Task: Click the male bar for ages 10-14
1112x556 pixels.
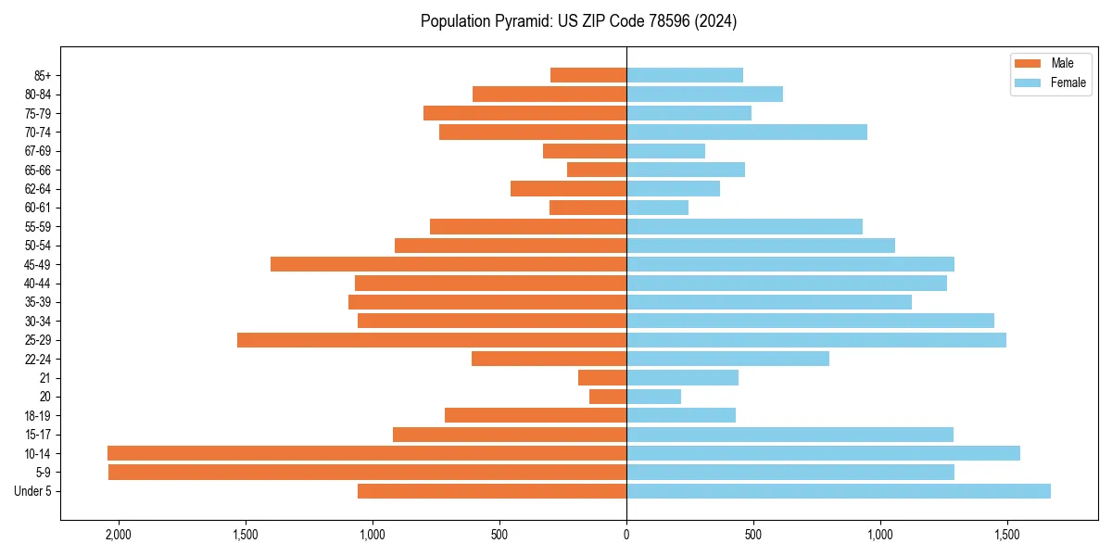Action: click(x=367, y=453)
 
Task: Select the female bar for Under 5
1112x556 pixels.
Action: click(x=839, y=491)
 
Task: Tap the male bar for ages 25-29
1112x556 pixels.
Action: click(x=432, y=340)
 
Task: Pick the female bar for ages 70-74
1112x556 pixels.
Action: click(x=747, y=133)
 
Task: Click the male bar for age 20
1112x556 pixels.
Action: click(x=608, y=397)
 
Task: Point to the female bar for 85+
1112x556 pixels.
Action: click(x=685, y=75)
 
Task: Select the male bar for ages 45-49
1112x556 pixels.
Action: click(x=449, y=264)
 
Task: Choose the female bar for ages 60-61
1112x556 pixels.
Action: click(x=658, y=208)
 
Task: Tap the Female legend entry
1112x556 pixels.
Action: click(x=1050, y=82)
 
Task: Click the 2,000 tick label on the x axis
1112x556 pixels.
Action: click(x=118, y=535)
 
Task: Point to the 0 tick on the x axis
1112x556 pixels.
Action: click(x=626, y=535)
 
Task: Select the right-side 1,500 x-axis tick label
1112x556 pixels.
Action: click(x=1007, y=535)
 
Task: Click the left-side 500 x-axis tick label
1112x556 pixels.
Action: click(x=499, y=535)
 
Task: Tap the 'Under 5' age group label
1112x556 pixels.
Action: click(x=32, y=491)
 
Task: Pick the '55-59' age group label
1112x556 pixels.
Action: click(x=37, y=227)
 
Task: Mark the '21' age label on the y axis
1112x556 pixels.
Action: click(x=44, y=378)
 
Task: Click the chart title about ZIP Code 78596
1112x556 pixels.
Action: click(x=578, y=21)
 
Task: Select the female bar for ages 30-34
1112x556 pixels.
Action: click(x=810, y=321)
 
